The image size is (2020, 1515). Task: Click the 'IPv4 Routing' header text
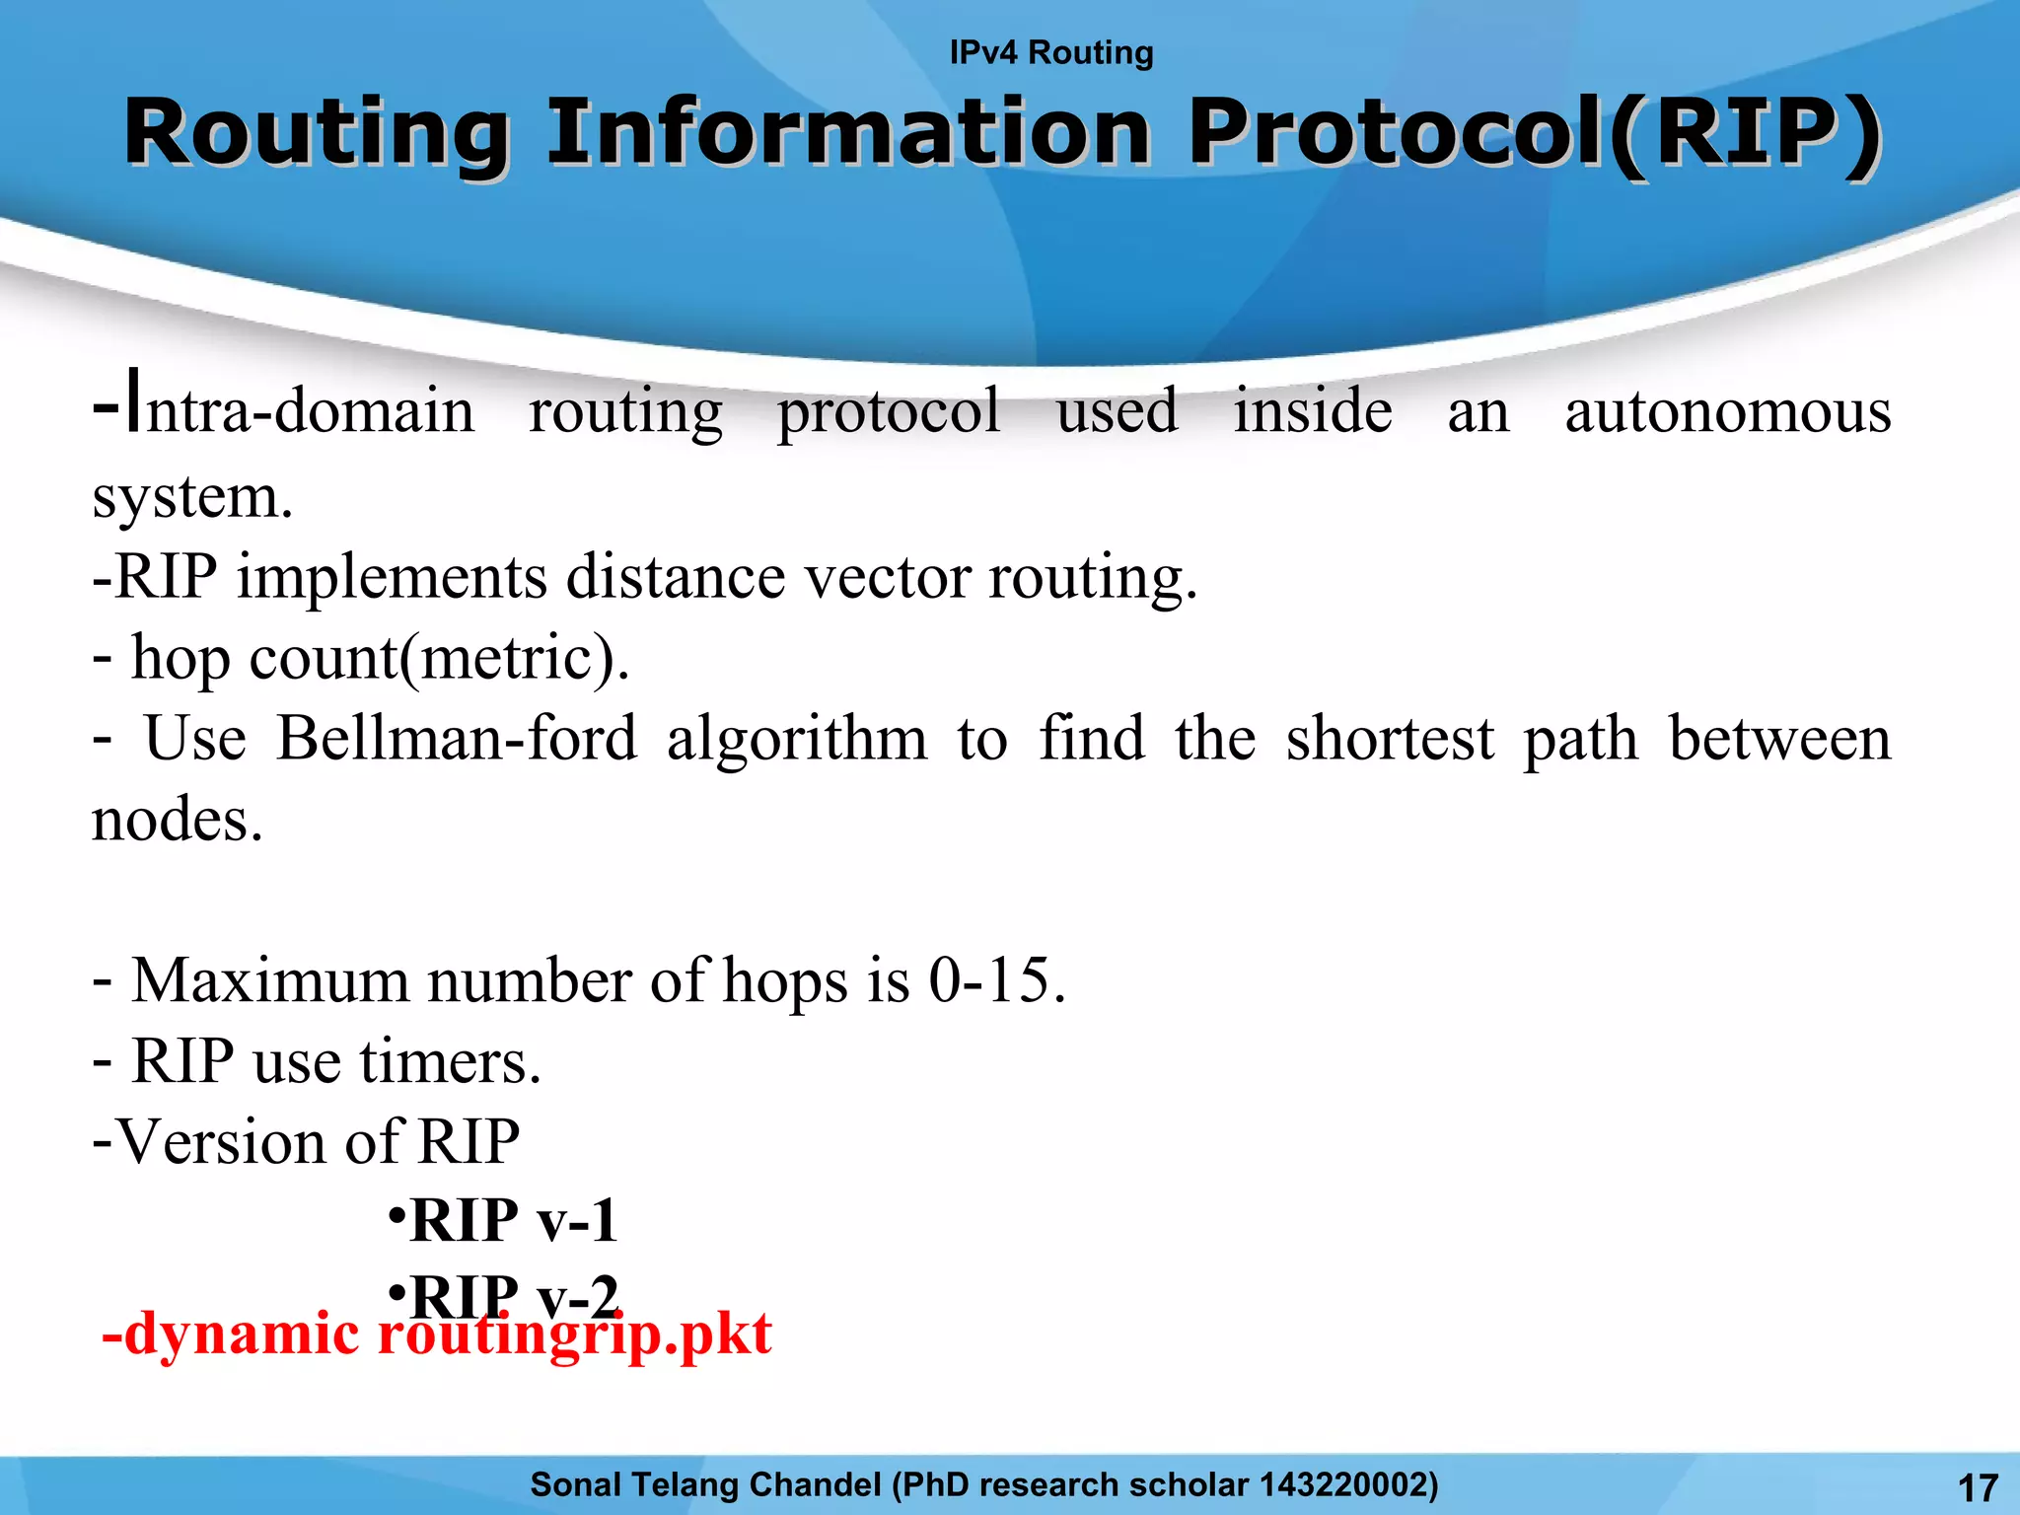pos(1050,52)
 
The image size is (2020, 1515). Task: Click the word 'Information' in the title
pos(847,133)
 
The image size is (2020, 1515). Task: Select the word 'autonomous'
pos(1727,411)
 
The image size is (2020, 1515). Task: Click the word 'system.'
pos(192,496)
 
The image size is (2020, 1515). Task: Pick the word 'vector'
pos(887,577)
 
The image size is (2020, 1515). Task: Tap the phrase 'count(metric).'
pos(439,658)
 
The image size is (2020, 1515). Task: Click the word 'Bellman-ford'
pos(456,739)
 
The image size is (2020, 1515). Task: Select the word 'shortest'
pos(1390,739)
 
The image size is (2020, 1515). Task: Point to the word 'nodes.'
pos(178,820)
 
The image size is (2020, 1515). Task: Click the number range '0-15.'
pos(997,981)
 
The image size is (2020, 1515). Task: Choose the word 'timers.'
pos(450,1062)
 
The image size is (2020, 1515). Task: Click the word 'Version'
pos(222,1142)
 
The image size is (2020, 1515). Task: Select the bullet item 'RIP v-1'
pos(513,1220)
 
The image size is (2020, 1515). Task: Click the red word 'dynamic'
pos(242,1335)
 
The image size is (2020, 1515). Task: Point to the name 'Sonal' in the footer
pos(575,1484)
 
